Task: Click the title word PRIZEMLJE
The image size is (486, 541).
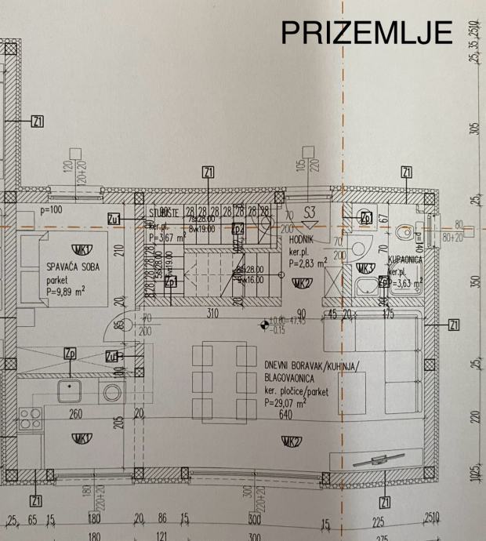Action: [368, 33]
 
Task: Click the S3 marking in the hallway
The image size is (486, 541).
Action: [310, 212]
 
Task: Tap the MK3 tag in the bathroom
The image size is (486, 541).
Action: [364, 268]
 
